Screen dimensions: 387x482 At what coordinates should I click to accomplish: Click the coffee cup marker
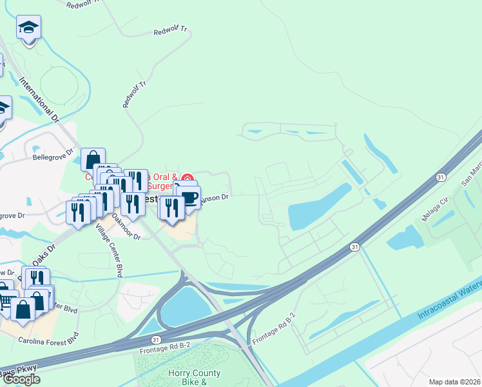coord(189,197)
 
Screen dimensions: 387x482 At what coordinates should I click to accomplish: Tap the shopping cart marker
coord(5,301)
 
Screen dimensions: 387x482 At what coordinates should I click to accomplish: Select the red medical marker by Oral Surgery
coord(188,178)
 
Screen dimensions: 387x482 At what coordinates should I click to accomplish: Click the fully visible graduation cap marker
coord(28,28)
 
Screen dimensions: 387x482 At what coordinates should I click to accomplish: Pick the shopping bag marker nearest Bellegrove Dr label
coord(93,159)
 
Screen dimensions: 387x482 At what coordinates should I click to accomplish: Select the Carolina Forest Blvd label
coord(48,339)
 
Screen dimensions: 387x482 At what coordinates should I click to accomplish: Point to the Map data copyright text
coord(455,382)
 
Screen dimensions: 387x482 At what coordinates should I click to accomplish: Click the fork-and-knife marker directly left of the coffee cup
coord(171,206)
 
